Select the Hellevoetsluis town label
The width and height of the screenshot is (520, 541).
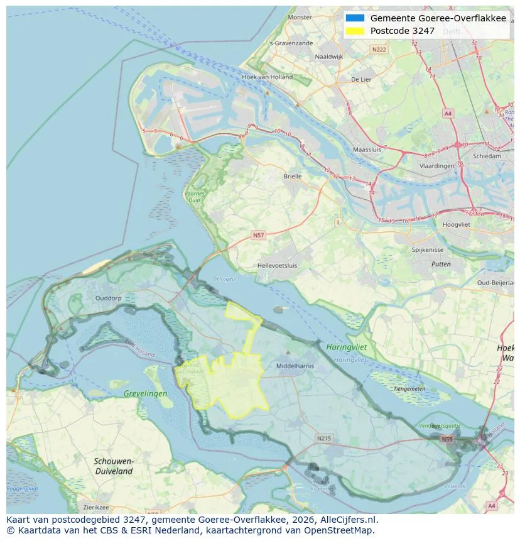pos(277,266)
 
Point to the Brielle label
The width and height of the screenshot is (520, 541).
pos(293,177)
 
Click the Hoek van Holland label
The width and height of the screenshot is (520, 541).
pos(267,77)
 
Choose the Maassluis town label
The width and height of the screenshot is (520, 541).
pos(368,150)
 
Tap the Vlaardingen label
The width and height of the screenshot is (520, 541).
pos(436,165)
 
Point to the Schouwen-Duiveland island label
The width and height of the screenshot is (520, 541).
pos(113,466)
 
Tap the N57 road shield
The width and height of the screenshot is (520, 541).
pos(258,234)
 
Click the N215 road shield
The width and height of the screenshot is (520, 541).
pos(323,438)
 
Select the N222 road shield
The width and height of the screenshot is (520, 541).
pos(379,49)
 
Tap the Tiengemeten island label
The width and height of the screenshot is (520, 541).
pos(409,388)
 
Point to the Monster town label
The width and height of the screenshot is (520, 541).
pos(300,17)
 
